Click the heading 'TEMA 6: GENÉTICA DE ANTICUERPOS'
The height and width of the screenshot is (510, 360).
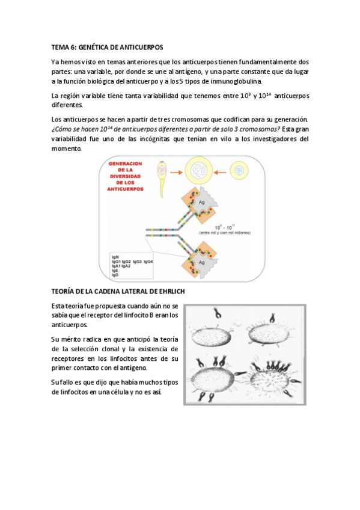tap(107, 46)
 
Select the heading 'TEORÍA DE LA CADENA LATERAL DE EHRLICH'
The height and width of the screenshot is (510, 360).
tap(118, 292)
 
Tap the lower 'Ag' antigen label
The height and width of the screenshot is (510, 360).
tap(203, 263)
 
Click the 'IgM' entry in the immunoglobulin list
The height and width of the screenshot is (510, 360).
tap(115, 256)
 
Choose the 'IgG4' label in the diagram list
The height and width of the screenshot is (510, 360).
tap(148, 262)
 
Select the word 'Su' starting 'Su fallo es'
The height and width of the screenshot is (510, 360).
tap(55, 382)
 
